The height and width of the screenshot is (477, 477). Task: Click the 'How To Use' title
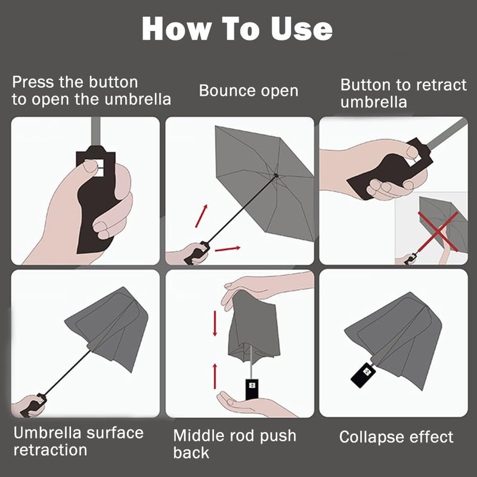coord(237,28)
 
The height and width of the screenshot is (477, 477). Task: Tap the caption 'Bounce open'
coord(249,91)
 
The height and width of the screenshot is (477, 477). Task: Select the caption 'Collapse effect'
coord(396,437)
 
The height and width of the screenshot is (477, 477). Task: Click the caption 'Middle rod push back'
coord(234,444)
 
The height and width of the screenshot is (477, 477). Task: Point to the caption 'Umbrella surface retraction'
coord(78,441)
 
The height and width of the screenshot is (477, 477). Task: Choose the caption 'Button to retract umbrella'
coord(403,93)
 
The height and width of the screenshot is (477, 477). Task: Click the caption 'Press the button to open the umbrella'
coord(91,91)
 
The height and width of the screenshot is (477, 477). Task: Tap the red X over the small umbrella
coord(438,231)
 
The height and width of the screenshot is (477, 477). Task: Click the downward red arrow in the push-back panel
coord(215,323)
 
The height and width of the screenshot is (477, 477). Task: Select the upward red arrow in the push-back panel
coord(215,376)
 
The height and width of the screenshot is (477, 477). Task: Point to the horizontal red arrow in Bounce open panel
coord(228,249)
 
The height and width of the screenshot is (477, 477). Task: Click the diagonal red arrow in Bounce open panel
coord(202,216)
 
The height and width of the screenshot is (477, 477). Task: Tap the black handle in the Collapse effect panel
coord(363,375)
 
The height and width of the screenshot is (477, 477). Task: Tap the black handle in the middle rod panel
coord(252,389)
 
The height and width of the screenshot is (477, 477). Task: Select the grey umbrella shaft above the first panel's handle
coord(95,132)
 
